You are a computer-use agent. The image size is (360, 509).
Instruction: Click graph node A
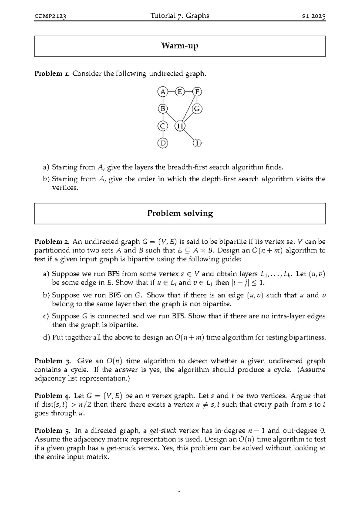pos(163,92)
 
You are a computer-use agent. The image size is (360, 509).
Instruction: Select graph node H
pos(180,126)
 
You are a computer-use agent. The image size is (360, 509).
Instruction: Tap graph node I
pos(197,143)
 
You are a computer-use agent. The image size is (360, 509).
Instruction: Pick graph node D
pos(163,143)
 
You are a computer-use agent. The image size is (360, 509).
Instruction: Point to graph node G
pos(197,109)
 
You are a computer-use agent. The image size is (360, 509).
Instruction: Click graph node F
pos(197,92)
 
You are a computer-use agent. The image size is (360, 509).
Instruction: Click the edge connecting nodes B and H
pos(171,117)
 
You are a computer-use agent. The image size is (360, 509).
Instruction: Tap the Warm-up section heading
pos(180,46)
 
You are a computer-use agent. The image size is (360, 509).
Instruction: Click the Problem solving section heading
pos(180,213)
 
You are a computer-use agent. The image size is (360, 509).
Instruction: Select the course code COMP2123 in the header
pos(50,16)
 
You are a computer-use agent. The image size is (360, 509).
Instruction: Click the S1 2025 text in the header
pos(313,16)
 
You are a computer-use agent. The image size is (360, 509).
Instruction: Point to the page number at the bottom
pos(180,492)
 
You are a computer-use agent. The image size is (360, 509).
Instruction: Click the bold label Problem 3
pos(52,361)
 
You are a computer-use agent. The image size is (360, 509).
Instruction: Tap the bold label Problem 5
pos(52,431)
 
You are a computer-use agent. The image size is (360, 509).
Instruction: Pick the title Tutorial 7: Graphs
pos(180,16)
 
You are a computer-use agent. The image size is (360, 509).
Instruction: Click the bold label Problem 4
pos(52,396)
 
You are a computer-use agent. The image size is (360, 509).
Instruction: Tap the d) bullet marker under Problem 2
pos(46,338)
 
